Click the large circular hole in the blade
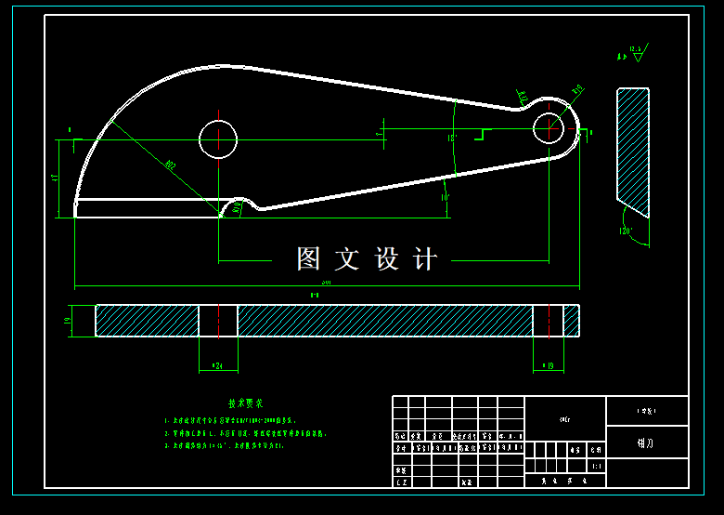pos(218,139)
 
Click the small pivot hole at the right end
pos(549,129)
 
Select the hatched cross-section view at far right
pos(632,149)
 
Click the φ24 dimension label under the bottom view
pos(218,366)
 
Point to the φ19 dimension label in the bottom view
pos(548,366)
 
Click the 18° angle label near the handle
pos(452,138)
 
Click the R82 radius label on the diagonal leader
pos(171,165)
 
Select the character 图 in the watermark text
pos(308,259)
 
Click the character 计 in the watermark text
pos(425,259)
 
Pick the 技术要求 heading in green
pos(246,404)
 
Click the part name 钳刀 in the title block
pos(646,442)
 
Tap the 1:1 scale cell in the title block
pos(596,467)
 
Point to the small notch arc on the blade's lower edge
pos(240,202)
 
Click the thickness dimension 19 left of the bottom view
pos(68,321)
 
